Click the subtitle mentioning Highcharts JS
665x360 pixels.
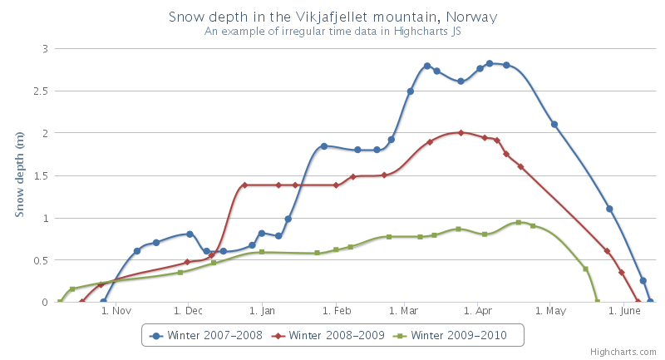click(x=332, y=32)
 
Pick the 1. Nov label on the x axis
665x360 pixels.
click(x=116, y=312)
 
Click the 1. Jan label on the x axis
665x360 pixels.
click(x=262, y=312)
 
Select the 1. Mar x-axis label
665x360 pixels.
click(x=402, y=312)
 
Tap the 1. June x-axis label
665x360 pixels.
click(x=624, y=312)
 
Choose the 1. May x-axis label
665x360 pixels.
click(x=550, y=312)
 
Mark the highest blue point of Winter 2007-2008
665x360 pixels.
click(x=490, y=63)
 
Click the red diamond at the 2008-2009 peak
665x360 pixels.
click(x=461, y=132)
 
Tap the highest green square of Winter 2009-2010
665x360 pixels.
click(x=519, y=222)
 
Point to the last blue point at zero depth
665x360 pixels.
click(x=650, y=301)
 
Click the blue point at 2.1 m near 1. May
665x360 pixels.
click(x=554, y=125)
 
